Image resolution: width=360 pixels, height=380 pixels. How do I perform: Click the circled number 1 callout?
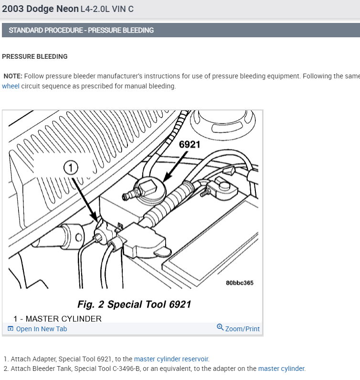(71, 167)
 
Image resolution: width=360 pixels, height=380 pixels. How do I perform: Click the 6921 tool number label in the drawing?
(189, 144)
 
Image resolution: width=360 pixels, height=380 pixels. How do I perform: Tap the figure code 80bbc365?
(240, 282)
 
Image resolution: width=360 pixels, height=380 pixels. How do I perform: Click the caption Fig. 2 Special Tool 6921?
(134, 304)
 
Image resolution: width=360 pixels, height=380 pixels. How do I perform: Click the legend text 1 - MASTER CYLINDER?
(57, 319)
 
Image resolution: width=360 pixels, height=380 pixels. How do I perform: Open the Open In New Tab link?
(42, 329)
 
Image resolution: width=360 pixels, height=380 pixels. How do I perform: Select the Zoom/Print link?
(243, 329)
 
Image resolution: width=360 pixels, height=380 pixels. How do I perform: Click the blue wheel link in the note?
(11, 87)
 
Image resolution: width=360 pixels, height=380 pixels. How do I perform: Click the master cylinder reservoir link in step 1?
(171, 359)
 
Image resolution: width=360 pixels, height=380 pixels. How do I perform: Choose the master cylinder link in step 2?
(281, 369)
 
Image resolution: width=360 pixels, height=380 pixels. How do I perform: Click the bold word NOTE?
(13, 76)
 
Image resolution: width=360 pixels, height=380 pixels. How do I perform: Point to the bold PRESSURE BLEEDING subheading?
(35, 56)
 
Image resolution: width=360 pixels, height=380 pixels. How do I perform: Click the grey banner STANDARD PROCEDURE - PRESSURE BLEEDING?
(81, 30)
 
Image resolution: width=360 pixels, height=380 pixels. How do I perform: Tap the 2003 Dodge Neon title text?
(40, 9)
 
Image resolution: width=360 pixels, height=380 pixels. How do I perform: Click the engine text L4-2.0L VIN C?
(107, 9)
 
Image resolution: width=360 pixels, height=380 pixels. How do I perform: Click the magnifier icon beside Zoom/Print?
(220, 327)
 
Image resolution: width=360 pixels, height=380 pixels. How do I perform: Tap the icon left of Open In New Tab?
(11, 329)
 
